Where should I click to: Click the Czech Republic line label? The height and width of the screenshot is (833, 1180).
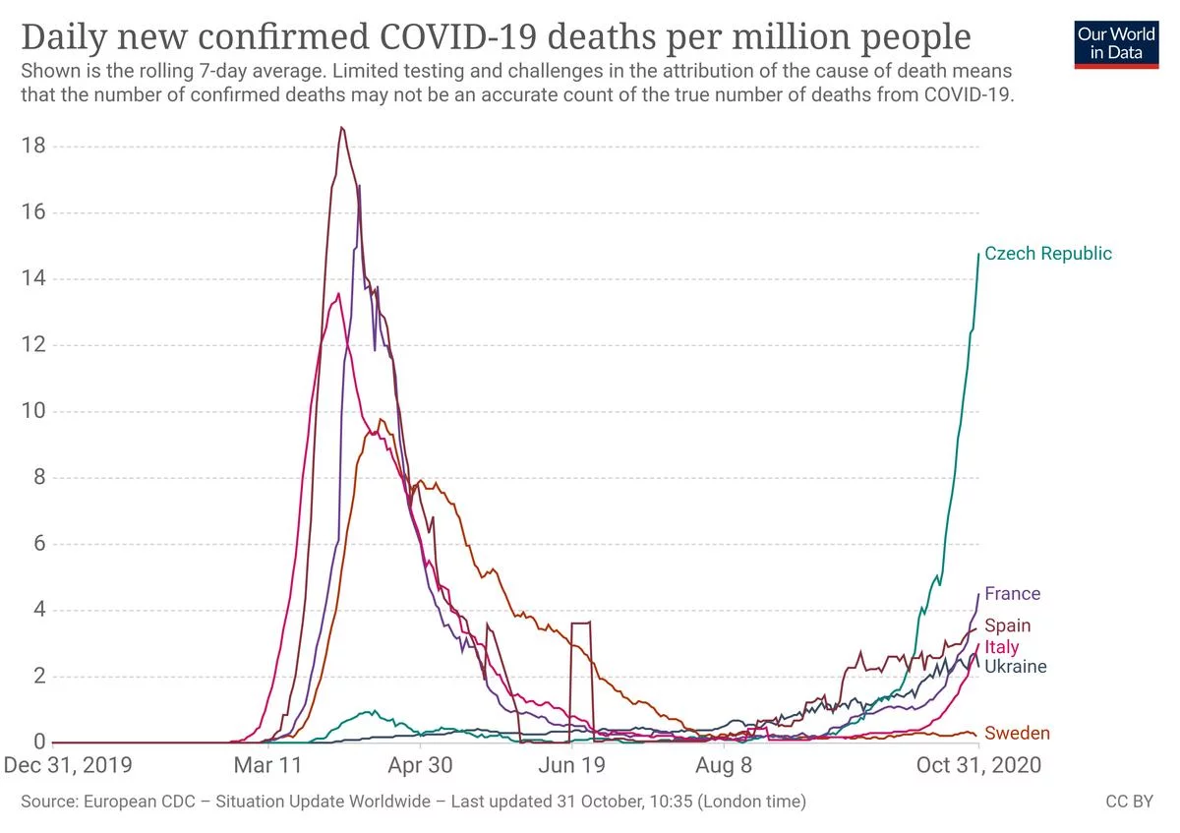pyautogui.click(x=1047, y=254)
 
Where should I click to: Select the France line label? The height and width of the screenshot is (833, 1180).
pyautogui.click(x=1012, y=594)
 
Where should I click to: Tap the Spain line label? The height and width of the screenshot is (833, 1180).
pyautogui.click(x=1007, y=625)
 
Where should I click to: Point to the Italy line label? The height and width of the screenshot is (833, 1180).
pyautogui.click(x=1001, y=647)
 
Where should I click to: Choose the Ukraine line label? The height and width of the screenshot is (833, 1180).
pyautogui.click(x=1015, y=667)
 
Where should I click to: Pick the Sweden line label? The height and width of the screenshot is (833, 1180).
pyautogui.click(x=1017, y=733)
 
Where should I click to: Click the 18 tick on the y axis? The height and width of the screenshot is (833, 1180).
pyautogui.click(x=34, y=147)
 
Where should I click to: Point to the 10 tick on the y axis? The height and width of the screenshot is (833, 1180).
pyautogui.click(x=34, y=411)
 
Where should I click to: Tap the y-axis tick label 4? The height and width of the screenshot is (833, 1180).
pyautogui.click(x=39, y=610)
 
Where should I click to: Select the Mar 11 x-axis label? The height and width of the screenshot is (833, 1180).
pyautogui.click(x=267, y=765)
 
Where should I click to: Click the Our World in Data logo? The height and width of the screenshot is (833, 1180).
pyautogui.click(x=1115, y=42)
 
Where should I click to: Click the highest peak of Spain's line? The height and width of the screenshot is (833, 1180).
pyautogui.click(x=341, y=127)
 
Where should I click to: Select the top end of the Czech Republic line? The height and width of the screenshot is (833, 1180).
pyautogui.click(x=979, y=254)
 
